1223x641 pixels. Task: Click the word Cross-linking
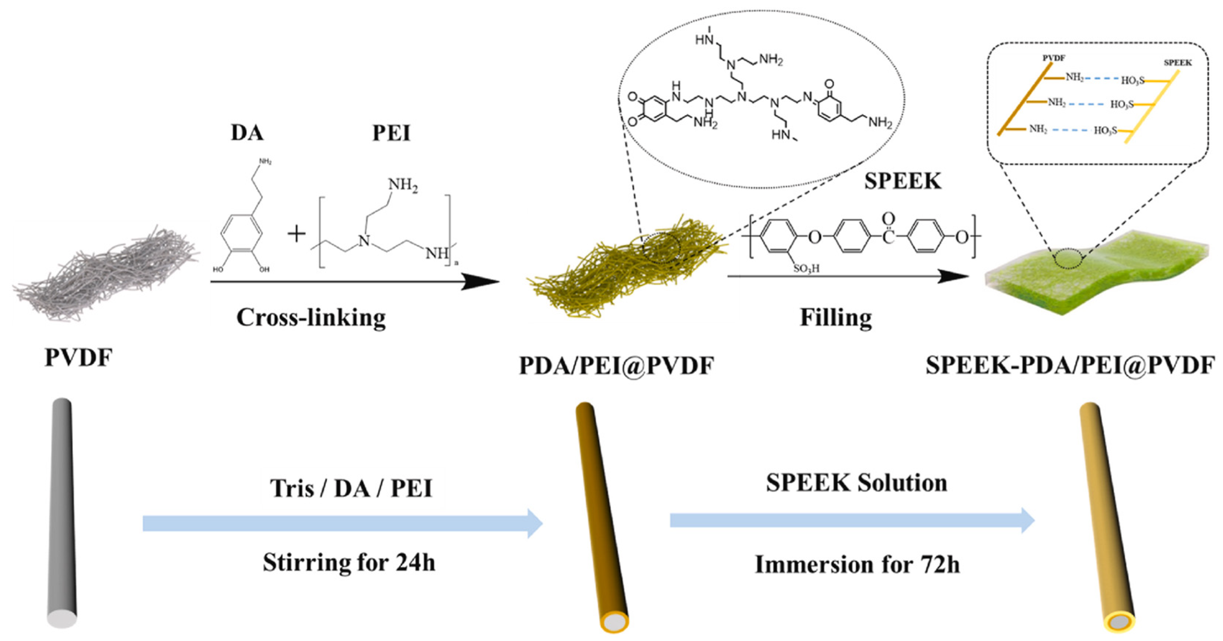(x=311, y=318)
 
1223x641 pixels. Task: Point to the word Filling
(x=835, y=318)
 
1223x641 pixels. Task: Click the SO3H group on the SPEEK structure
(x=806, y=269)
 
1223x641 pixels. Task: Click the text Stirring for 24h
(x=349, y=562)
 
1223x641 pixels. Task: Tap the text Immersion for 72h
(x=857, y=565)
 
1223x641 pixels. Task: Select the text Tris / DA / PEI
(x=351, y=488)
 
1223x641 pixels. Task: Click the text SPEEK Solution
(x=856, y=483)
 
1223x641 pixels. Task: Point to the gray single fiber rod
(x=62, y=513)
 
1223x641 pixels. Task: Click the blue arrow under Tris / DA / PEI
(x=342, y=523)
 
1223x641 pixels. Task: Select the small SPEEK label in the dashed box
(x=1177, y=63)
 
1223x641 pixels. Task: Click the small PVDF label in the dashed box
(x=1054, y=58)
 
